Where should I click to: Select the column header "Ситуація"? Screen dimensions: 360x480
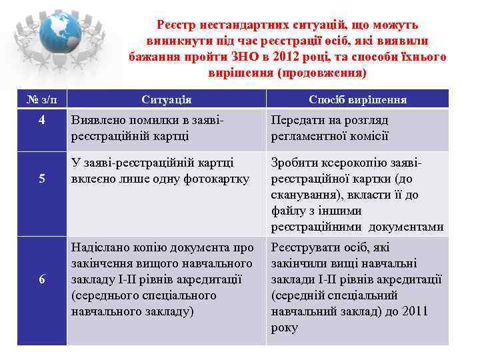coord(167,100)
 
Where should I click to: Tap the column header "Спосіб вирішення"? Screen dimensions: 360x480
coord(357,100)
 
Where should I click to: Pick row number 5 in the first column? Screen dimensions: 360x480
coord(42,179)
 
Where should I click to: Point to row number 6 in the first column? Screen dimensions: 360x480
coord(42,279)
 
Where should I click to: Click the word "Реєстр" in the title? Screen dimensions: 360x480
coord(177,25)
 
